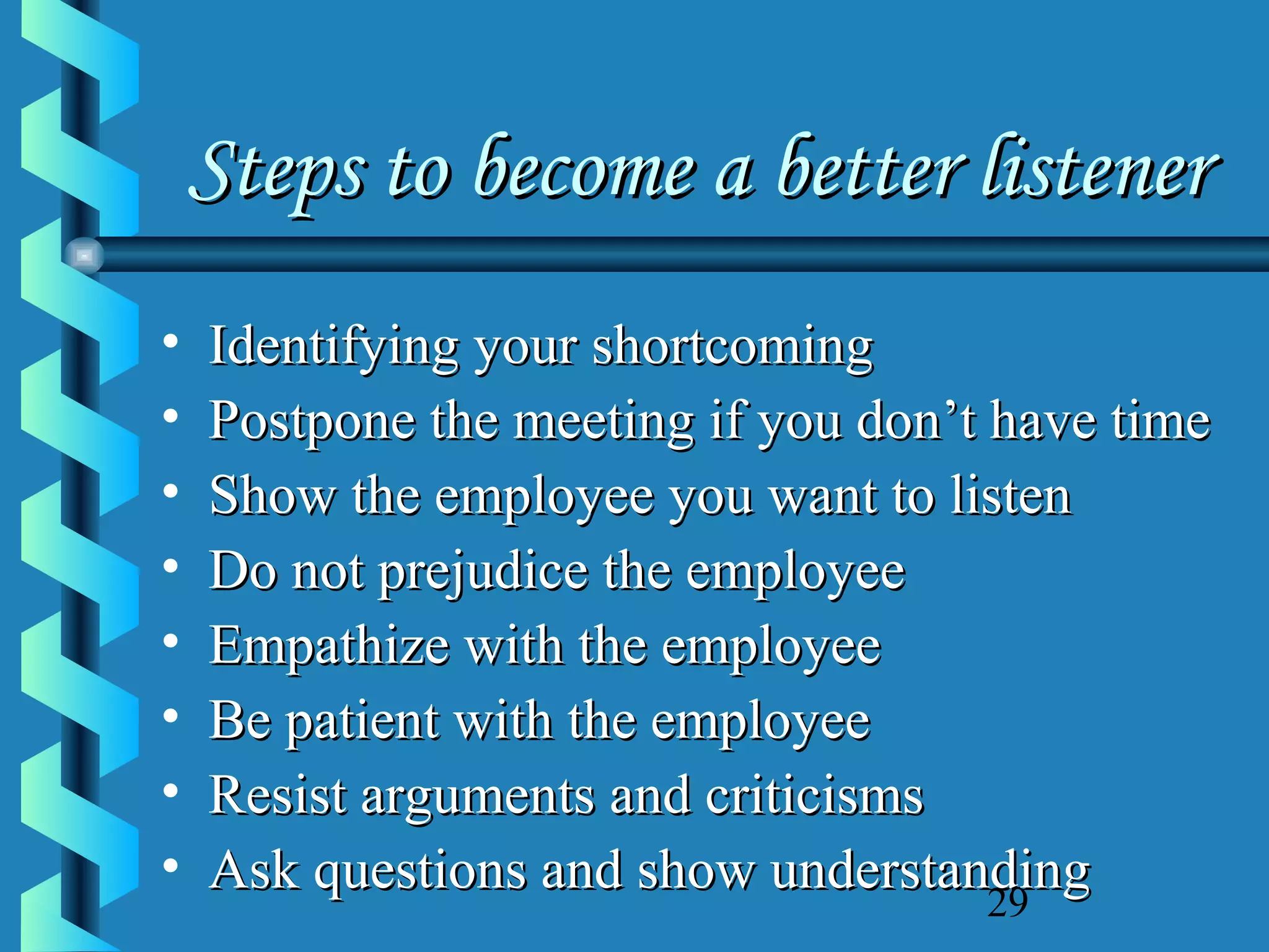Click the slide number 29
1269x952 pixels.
click(1008, 904)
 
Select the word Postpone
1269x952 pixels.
click(312, 422)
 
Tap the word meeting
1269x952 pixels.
click(604, 422)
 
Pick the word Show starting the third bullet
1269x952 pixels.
click(273, 496)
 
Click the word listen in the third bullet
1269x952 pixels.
click(1011, 496)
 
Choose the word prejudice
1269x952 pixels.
click(483, 572)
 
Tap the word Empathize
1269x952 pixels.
click(329, 646)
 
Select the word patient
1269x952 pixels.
click(362, 722)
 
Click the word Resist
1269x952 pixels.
click(278, 796)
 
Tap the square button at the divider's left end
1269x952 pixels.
click(84, 255)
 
